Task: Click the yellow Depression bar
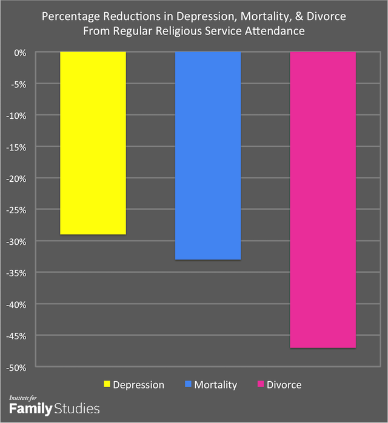93,143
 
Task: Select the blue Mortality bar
208,156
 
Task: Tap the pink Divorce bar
323,200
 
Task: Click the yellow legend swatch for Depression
107,385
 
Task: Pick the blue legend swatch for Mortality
188,385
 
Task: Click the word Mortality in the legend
216,385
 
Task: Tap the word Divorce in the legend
284,385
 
